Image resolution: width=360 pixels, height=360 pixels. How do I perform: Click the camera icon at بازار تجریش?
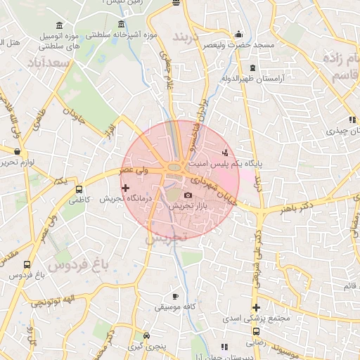pyautogui.click(x=188, y=195)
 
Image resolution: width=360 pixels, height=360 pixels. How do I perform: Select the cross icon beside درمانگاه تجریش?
pyautogui.click(x=125, y=188)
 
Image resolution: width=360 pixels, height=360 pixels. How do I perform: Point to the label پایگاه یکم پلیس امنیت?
pyautogui.click(x=225, y=163)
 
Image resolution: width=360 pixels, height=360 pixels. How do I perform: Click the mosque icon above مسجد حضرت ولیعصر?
pyautogui.click(x=238, y=33)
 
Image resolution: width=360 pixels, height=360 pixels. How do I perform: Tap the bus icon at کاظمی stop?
pyautogui.click(x=79, y=189)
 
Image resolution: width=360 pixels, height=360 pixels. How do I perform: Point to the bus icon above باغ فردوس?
pyautogui.click(x=27, y=265)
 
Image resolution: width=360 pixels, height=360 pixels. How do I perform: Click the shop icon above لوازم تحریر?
pyautogui.click(x=17, y=150)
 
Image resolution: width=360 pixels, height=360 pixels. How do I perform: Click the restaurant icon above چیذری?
pyautogui.click(x=352, y=120)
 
